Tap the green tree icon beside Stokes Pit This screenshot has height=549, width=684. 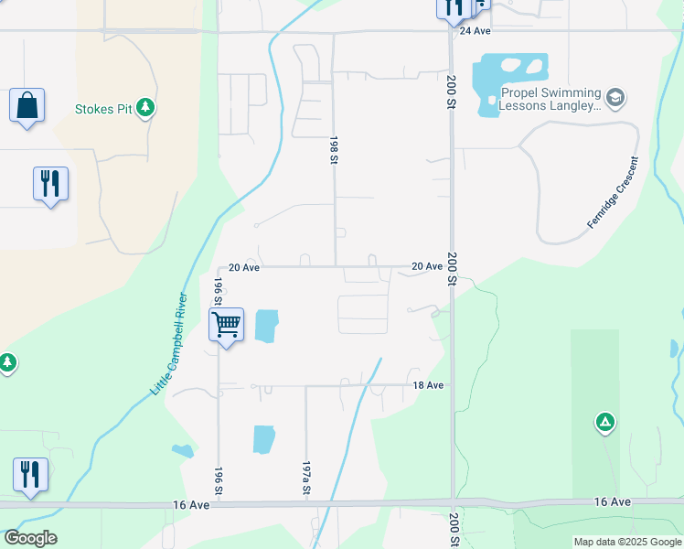point(145,108)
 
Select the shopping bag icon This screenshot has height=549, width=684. point(27,105)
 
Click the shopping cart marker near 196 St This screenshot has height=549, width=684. point(226,324)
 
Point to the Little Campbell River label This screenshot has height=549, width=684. point(168,344)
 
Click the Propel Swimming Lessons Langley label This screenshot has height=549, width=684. point(550,100)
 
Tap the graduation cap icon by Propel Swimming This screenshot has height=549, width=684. point(616,95)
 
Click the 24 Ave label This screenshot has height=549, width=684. point(476,30)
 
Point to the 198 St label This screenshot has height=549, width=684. point(333,151)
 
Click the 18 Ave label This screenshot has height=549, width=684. point(428,386)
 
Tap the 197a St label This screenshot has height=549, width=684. point(305,479)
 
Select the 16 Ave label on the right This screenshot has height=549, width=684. point(612,502)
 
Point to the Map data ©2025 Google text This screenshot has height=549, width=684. point(627,542)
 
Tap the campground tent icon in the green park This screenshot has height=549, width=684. point(604,422)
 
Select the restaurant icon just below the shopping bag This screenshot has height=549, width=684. point(50,184)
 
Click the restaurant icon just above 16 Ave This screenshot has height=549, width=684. point(30,475)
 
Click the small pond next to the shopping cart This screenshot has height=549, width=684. point(266,327)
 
